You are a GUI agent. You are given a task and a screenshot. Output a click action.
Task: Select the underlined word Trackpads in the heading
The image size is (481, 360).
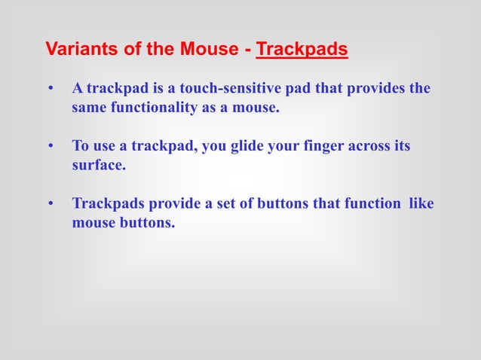pos(302,50)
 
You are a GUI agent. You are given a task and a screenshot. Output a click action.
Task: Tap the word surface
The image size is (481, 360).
pos(98,165)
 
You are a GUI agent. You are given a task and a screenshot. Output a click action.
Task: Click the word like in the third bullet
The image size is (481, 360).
pos(421,204)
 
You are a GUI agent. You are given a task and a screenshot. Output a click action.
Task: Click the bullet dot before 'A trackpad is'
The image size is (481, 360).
pos(51,90)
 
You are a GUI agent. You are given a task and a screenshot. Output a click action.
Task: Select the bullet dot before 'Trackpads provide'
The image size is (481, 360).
pos(51,205)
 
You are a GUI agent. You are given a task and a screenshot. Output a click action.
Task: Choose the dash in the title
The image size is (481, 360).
pos(247,50)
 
